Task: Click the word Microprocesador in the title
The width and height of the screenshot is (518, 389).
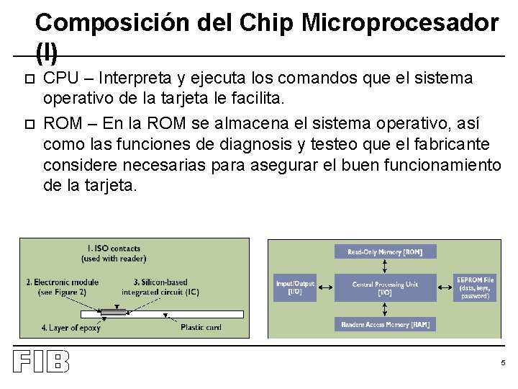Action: [400, 23]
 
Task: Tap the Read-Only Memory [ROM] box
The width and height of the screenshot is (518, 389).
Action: [385, 251]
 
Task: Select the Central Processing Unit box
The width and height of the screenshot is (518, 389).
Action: [385, 287]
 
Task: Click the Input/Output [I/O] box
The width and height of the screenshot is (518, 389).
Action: [295, 287]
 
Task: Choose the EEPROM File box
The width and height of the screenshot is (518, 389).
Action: [475, 287]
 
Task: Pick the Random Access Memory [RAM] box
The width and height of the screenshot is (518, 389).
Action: [385, 324]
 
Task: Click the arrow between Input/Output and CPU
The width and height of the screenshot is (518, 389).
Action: [325, 287]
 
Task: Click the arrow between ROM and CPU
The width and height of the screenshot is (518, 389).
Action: [385, 267]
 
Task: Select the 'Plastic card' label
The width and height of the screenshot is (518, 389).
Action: [201, 327]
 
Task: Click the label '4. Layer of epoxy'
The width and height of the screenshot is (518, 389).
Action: [71, 327]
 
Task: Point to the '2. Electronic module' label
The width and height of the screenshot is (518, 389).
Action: [66, 282]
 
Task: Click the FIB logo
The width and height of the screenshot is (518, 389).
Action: [41, 362]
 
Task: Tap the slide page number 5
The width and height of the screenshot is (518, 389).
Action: [503, 363]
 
